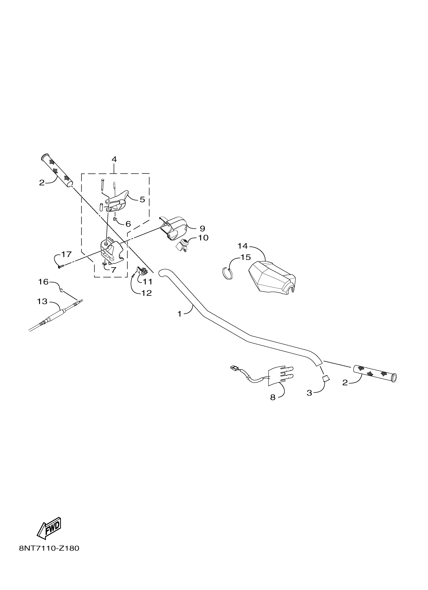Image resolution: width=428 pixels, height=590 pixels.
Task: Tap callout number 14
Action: click(x=242, y=246)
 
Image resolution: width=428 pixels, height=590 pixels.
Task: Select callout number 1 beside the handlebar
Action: click(x=180, y=314)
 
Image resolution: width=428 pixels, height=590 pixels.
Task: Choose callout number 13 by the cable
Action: click(x=42, y=301)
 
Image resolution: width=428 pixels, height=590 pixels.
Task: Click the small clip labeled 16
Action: click(x=61, y=291)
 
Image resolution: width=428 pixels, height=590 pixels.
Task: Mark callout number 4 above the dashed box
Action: click(x=114, y=159)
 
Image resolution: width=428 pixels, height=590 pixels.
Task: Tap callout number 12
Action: click(x=146, y=293)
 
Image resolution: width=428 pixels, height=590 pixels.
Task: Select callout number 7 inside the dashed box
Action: click(x=113, y=270)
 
